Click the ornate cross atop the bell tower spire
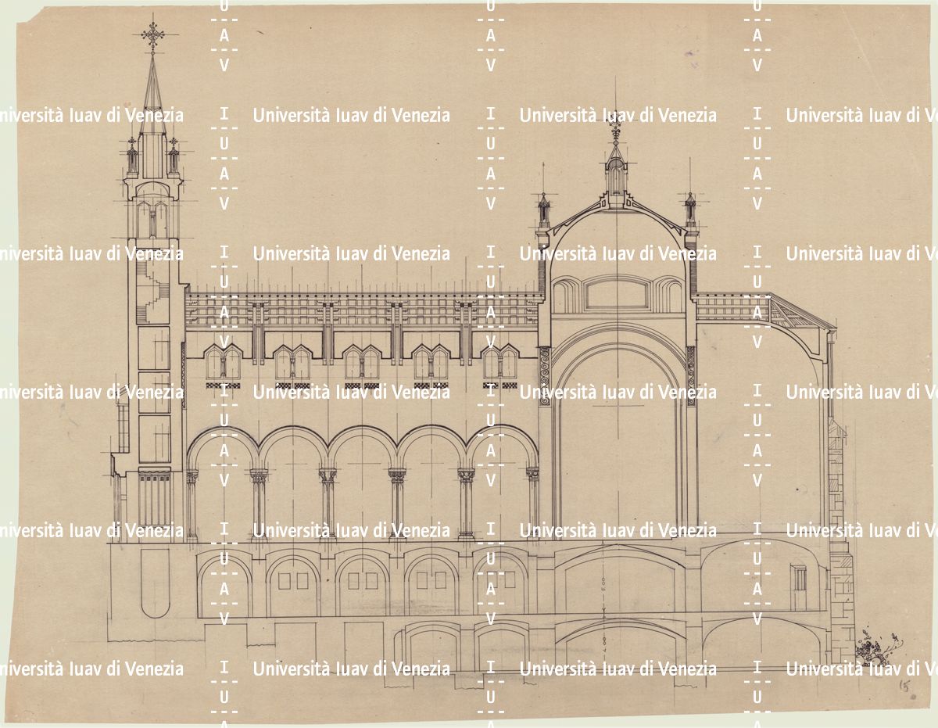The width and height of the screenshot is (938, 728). tap(152, 34)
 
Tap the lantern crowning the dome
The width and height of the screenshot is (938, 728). tap(616, 167)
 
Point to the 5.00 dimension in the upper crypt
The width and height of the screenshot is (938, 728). tap(604, 583)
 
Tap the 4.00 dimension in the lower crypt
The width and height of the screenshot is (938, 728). tap(604, 643)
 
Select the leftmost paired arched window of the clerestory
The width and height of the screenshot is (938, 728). tap(223, 364)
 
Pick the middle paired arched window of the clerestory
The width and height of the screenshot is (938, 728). tap(361, 364)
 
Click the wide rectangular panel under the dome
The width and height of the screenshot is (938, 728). tap(616, 293)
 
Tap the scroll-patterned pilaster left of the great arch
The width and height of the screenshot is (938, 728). tap(545, 375)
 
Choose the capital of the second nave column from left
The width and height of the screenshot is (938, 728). tap(259, 475)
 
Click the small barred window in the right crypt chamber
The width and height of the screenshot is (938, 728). tap(799, 577)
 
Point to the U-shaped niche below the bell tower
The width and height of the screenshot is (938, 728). tap(156, 583)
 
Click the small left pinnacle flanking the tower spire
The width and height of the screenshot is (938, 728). tap(132, 156)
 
